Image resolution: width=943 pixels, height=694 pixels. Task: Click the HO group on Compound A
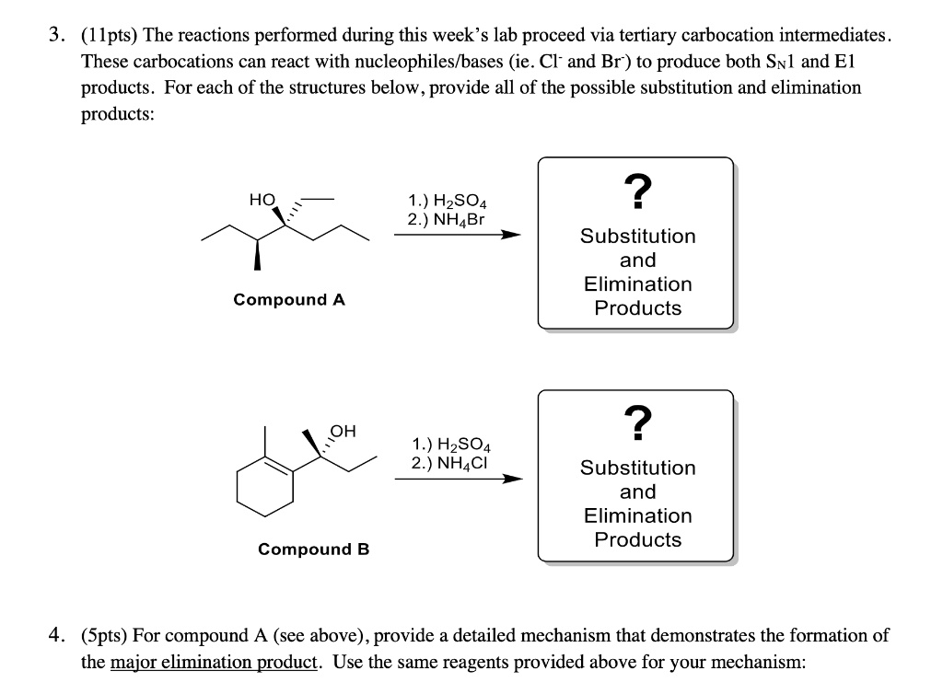pyautogui.click(x=262, y=199)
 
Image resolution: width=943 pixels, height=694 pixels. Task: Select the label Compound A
pyautogui.click(x=289, y=299)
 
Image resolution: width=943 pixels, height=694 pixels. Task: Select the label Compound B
pyautogui.click(x=313, y=549)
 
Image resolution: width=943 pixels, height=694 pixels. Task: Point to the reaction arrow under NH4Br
pyautogui.click(x=457, y=235)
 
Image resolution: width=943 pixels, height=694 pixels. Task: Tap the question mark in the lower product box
pyautogui.click(x=637, y=423)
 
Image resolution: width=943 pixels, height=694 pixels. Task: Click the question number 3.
pyautogui.click(x=56, y=37)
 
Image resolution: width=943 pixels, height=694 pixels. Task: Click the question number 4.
pyautogui.click(x=56, y=636)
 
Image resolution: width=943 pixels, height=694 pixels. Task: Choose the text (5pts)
pyautogui.click(x=104, y=636)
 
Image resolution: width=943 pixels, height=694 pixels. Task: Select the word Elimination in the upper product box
pyautogui.click(x=637, y=284)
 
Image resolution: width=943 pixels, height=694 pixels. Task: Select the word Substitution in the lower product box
pyautogui.click(x=637, y=468)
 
